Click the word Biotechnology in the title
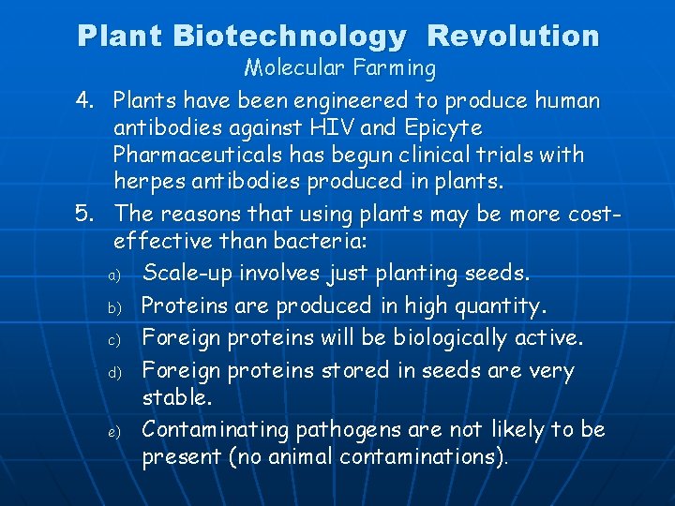pos(290,36)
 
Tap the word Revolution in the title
pos(513,36)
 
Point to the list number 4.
pos(85,100)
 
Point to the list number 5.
pos(85,214)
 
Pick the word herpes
pos(145,180)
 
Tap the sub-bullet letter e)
pos(110,432)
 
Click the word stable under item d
pos(177,398)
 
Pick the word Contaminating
pos(215,430)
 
